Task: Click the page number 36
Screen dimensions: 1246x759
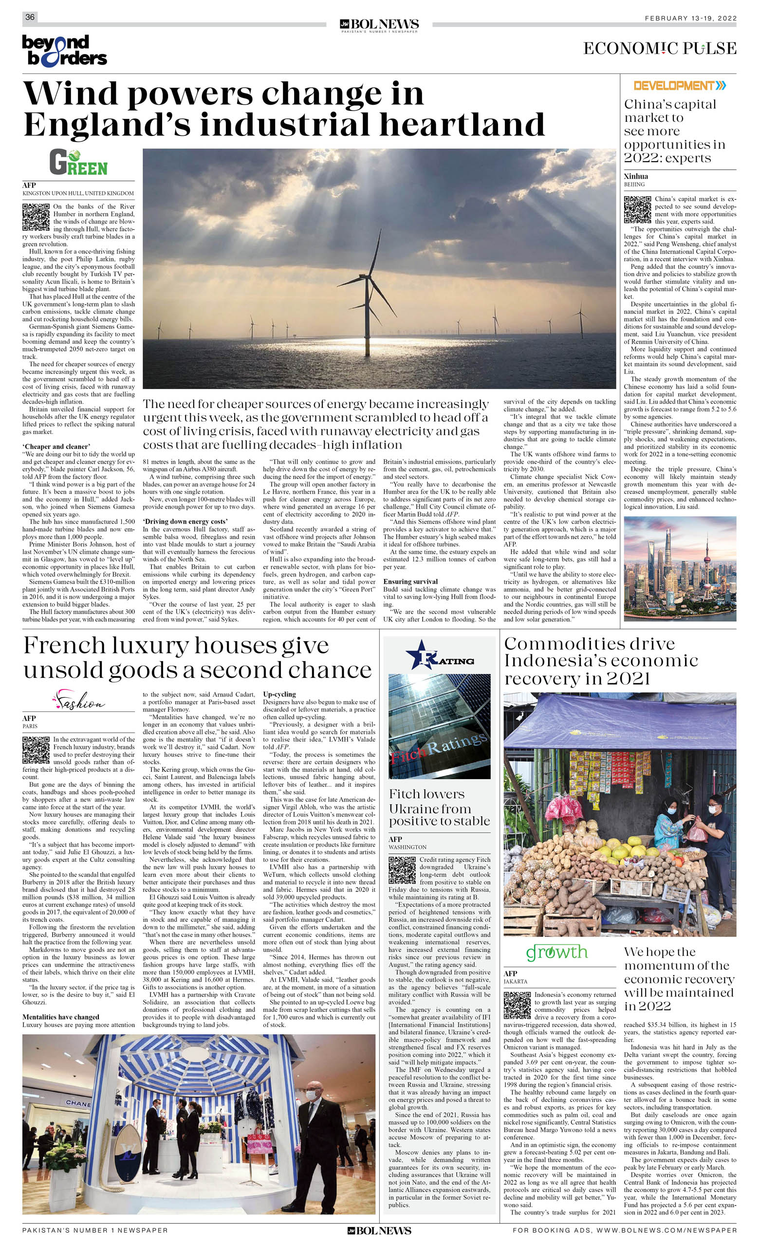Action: pyautogui.click(x=30, y=17)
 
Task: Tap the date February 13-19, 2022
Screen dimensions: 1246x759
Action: pyautogui.click(x=690, y=18)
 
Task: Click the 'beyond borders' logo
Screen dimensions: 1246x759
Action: pyautogui.click(x=64, y=51)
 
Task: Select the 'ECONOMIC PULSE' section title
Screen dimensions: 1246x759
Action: pyautogui.click(x=659, y=49)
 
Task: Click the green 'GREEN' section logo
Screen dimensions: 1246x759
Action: pyautogui.click(x=78, y=163)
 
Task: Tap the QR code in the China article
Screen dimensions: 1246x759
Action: pyautogui.click(x=637, y=209)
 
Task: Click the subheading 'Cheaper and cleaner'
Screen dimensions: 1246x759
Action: pyautogui.click(x=56, y=446)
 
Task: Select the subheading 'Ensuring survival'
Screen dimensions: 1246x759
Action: pyautogui.click(x=410, y=581)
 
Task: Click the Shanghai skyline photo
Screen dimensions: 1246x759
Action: pyautogui.click(x=680, y=568)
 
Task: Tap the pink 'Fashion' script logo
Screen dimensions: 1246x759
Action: pyautogui.click(x=78, y=700)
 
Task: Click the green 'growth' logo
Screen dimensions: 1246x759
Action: pyautogui.click(x=557, y=953)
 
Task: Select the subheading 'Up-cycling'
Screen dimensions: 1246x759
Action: pyautogui.click(x=279, y=694)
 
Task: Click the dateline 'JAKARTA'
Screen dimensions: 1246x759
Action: pyautogui.click(x=515, y=982)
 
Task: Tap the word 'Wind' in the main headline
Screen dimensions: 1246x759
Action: pyautogui.click(x=71, y=94)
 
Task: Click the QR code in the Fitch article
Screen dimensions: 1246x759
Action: pyautogui.click(x=402, y=870)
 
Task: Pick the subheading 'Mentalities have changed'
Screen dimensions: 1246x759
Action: pyautogui.click(x=61, y=1017)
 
